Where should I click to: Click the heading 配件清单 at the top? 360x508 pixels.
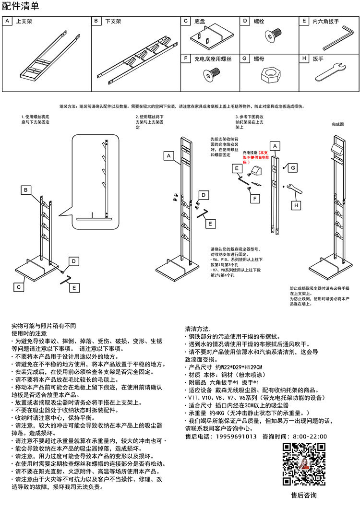[x=21, y=6]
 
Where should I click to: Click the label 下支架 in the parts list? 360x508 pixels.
[x=113, y=22]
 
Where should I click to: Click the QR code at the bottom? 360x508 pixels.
[x=303, y=464]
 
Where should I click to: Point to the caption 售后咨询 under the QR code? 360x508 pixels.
[x=303, y=495]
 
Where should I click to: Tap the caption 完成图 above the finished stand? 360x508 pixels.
[x=338, y=124]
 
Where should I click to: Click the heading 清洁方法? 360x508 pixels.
[x=198, y=329]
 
